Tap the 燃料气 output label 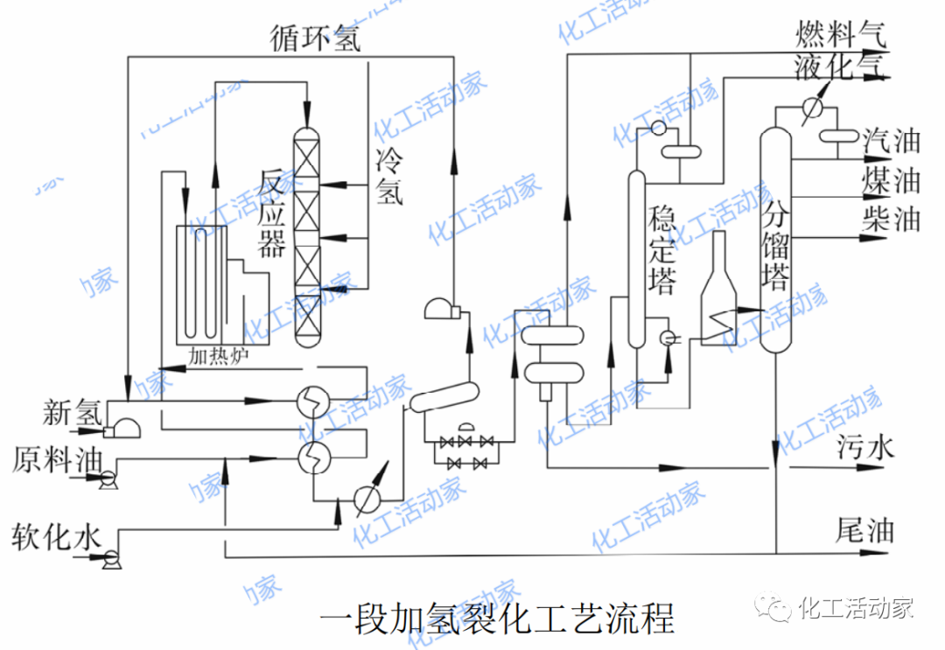(840, 34)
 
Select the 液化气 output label (840, 66)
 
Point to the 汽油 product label (892, 140)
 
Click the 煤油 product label (892, 180)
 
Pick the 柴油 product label (892, 219)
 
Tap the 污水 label (866, 448)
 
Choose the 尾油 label (866, 529)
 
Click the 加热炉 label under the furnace (220, 355)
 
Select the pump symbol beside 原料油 (109, 479)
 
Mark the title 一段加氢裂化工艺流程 (497, 618)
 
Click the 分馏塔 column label (776, 248)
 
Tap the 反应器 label (272, 215)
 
